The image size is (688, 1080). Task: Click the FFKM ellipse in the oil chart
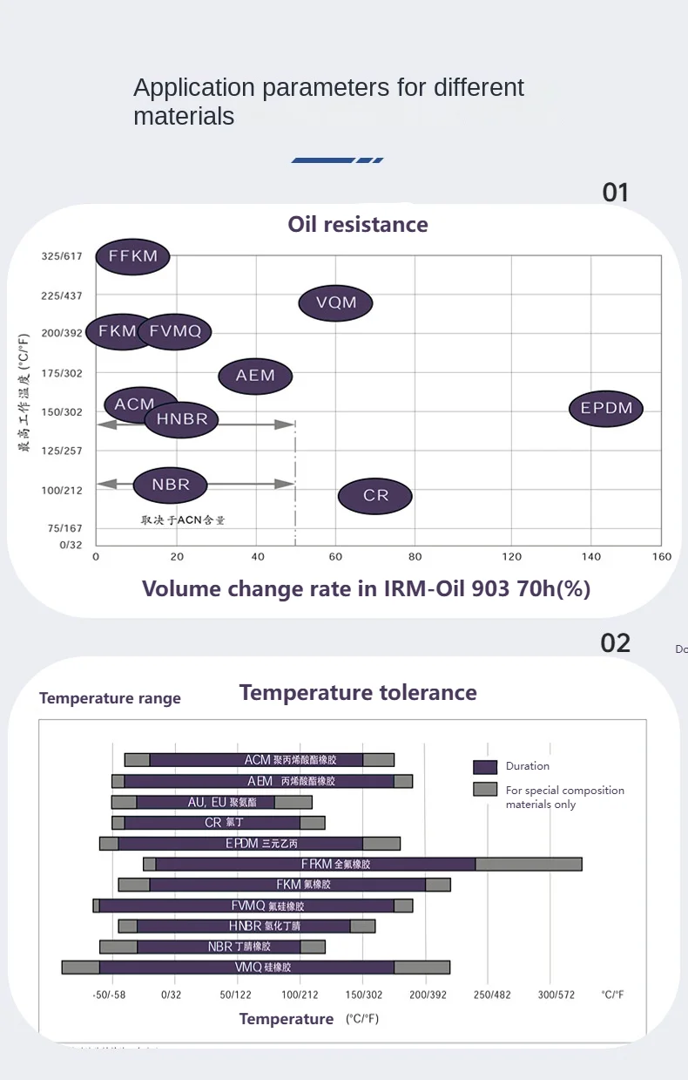[x=132, y=256]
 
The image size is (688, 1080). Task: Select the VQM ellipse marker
[x=335, y=302]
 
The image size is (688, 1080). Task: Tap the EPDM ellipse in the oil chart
[x=606, y=408]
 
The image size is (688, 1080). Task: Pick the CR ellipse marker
[x=375, y=495]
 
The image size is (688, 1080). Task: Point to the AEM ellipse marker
[x=255, y=376]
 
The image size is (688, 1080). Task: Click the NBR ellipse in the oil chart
[x=171, y=485]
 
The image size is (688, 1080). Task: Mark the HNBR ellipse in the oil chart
[x=182, y=419]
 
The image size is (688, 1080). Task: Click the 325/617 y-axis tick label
[x=61, y=256]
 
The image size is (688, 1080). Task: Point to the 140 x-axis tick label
[x=591, y=557]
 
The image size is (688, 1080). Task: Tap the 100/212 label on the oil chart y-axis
[x=61, y=490]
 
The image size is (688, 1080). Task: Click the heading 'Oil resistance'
[x=358, y=224]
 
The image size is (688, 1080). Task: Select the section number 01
[x=615, y=193]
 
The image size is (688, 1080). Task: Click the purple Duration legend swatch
[x=485, y=766]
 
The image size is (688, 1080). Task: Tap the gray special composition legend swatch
[x=485, y=790]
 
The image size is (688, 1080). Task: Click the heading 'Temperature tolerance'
[x=358, y=693]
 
